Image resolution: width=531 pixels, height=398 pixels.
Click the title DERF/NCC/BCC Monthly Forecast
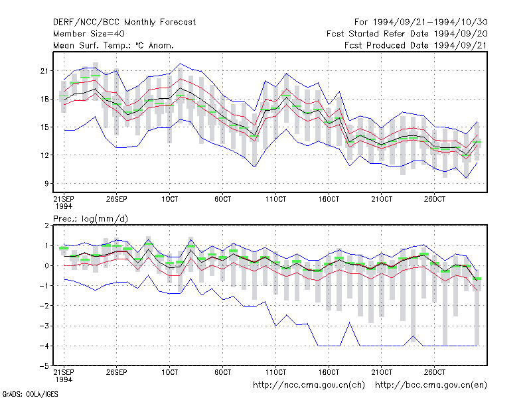(124, 23)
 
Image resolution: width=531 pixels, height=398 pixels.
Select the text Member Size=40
(89, 34)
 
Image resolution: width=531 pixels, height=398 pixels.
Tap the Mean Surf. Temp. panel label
(113, 45)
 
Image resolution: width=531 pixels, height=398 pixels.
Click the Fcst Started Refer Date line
(407, 34)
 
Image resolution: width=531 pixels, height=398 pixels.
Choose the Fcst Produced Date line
(416, 45)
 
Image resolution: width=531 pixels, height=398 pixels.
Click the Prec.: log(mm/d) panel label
(90, 219)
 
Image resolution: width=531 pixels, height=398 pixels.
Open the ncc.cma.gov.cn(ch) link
(309, 385)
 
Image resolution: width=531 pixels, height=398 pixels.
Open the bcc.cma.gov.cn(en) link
(431, 385)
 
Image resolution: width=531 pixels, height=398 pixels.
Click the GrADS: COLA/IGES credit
(30, 394)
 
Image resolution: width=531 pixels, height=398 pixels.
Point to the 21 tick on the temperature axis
(44, 71)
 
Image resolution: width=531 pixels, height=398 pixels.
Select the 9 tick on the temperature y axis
(46, 184)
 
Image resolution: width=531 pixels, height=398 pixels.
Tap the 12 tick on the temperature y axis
(44, 155)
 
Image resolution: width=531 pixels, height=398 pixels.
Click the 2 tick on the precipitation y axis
(46, 226)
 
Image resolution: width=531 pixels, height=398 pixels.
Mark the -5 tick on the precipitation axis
(44, 366)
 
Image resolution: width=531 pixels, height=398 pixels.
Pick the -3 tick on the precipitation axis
(44, 326)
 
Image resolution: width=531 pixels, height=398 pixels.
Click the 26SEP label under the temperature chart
(117, 199)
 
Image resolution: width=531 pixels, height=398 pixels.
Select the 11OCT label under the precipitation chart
(275, 372)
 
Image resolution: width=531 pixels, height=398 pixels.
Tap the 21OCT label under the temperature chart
(382, 199)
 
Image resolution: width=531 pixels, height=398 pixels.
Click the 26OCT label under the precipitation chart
(435, 372)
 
